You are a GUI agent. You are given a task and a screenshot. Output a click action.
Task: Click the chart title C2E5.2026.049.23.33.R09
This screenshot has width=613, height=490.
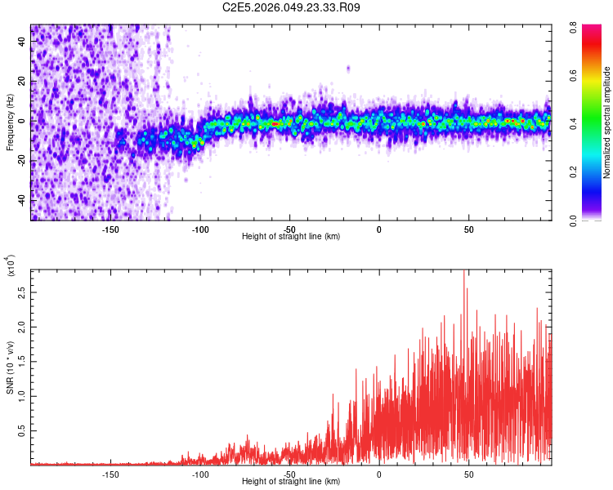pyautogui.click(x=292, y=7)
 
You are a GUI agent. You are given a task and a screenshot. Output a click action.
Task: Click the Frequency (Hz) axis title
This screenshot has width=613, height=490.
pyautogui.click(x=10, y=122)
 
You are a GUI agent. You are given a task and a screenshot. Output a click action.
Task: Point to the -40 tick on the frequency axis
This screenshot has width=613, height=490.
pyautogui.click(x=21, y=200)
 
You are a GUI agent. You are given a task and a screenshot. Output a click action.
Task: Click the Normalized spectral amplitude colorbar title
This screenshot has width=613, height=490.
pyautogui.click(x=607, y=122)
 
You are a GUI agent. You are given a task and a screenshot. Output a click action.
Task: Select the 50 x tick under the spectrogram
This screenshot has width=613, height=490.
pyautogui.click(x=468, y=228)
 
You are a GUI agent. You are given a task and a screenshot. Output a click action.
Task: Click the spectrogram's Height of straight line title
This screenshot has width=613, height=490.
pyautogui.click(x=291, y=236)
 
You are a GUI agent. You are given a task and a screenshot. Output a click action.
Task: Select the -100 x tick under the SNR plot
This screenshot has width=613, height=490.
pyautogui.click(x=200, y=473)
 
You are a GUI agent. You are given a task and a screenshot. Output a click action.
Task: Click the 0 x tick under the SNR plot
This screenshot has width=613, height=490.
pyautogui.click(x=379, y=473)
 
